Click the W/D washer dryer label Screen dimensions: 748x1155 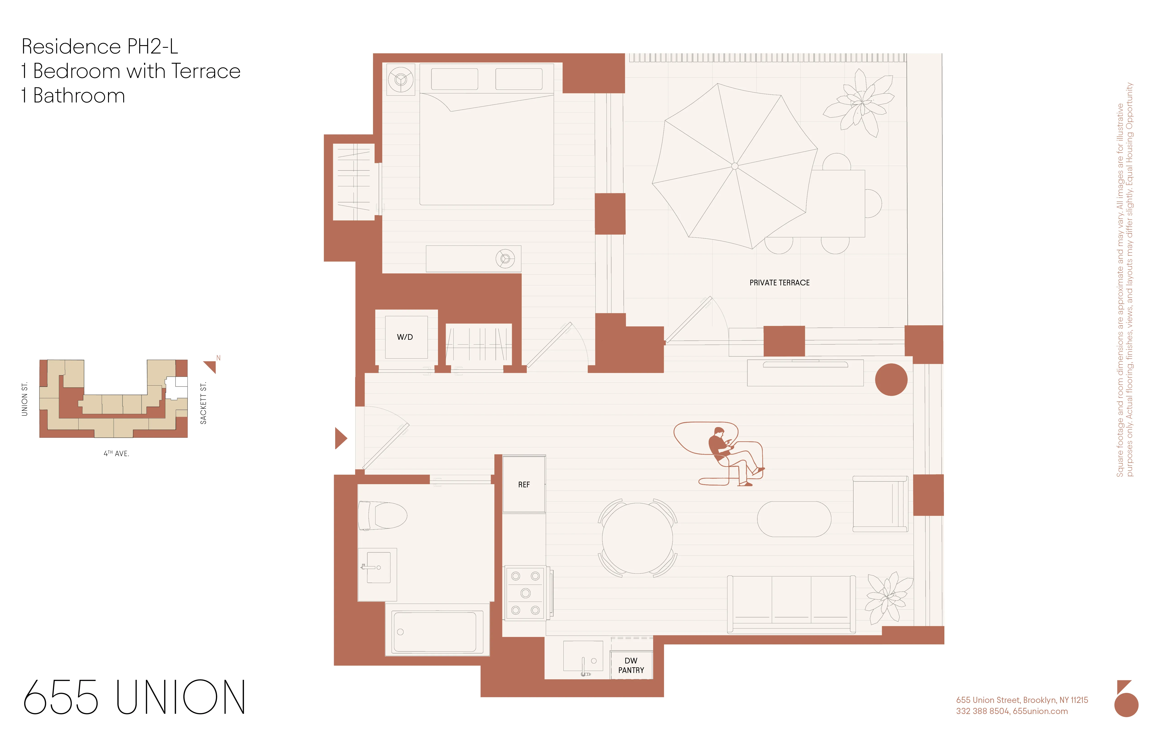405,337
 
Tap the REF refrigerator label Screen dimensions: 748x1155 524,485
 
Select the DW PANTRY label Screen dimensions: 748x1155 631,665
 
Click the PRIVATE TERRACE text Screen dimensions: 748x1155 779,283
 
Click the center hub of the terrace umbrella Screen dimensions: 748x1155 735,166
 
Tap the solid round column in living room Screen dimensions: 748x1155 891,380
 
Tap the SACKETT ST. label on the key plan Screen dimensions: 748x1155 203,403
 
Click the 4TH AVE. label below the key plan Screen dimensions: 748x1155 116,454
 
